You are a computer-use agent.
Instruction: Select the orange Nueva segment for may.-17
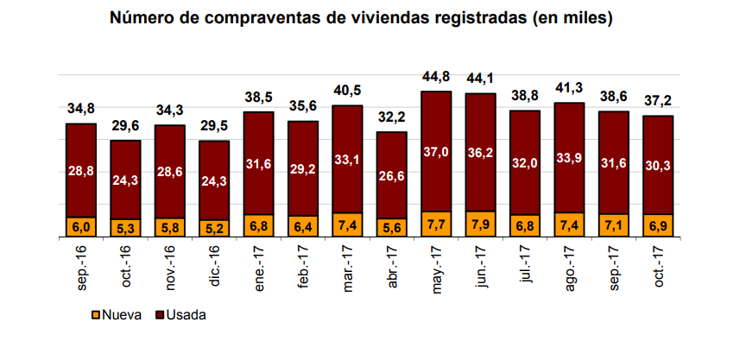tap(436, 224)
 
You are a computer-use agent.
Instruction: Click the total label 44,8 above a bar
tap(436, 79)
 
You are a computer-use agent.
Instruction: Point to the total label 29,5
tap(214, 128)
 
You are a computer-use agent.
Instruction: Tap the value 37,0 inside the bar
tap(436, 151)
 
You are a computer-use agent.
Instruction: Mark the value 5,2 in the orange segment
tap(214, 227)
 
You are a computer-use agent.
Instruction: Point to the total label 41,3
tap(569, 89)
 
